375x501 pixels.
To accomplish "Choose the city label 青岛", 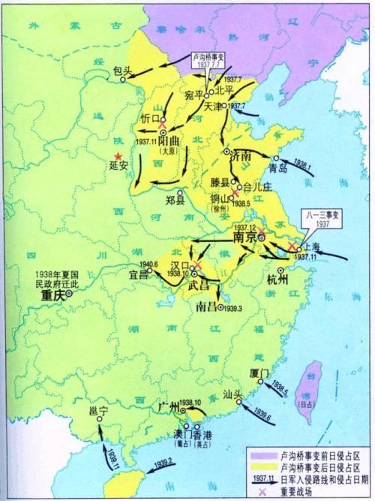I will [x=279, y=168].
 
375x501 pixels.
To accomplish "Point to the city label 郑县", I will [x=176, y=202].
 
